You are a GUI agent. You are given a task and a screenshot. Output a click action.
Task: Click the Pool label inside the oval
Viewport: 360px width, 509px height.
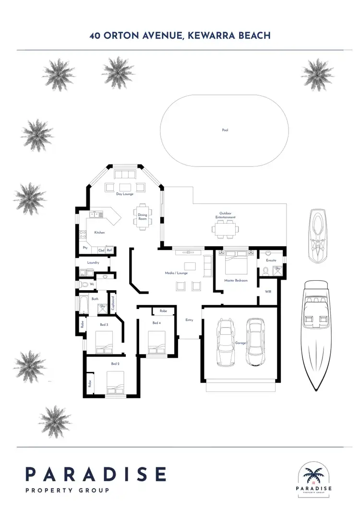pos(225,130)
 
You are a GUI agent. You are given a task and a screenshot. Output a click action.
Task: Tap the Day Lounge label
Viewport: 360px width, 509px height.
pos(125,194)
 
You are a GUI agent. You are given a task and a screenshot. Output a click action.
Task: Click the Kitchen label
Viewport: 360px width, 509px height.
pos(99,233)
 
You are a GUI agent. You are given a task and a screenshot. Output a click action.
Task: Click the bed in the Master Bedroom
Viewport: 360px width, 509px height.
pos(235,263)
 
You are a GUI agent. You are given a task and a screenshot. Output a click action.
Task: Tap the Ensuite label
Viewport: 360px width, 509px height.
pos(271,260)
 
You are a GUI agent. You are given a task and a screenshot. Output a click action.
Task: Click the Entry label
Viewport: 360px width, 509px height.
pos(190,320)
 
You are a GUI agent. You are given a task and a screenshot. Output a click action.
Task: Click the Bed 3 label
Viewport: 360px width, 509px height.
pos(104,325)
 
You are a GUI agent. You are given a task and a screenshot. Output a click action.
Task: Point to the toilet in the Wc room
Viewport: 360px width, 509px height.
pos(85,284)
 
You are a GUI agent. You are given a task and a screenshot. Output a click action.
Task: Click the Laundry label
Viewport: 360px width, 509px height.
pos(93,263)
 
